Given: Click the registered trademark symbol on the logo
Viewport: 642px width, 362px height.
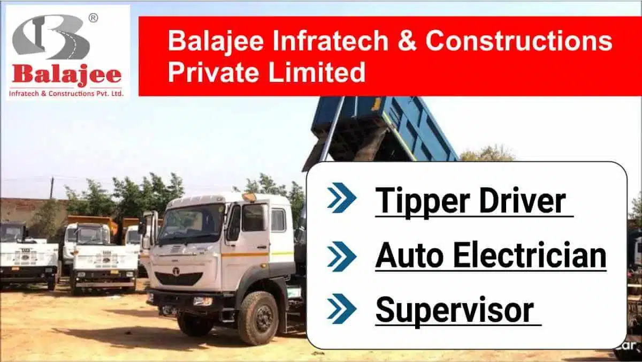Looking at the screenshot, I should tap(93, 18).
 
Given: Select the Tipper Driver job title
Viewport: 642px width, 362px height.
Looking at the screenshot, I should tap(471, 201).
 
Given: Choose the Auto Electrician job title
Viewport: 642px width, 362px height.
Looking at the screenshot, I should tap(491, 256).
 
